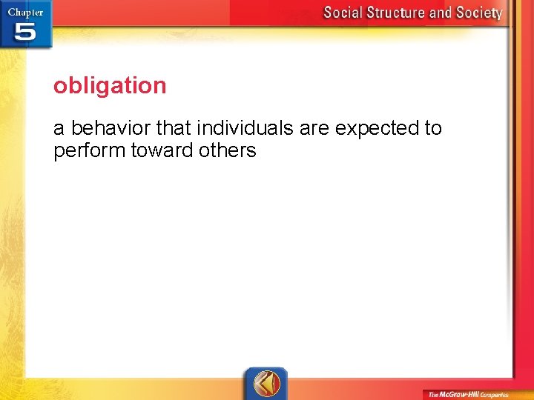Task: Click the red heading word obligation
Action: pyautogui.click(x=110, y=86)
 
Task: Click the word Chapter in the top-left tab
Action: pyautogui.click(x=25, y=12)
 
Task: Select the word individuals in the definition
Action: pyautogui.click(x=245, y=128)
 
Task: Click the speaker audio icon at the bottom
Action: pyautogui.click(x=266, y=383)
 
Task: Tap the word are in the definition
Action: pyautogui.click(x=314, y=128)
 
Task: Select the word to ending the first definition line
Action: pyautogui.click(x=432, y=128)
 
